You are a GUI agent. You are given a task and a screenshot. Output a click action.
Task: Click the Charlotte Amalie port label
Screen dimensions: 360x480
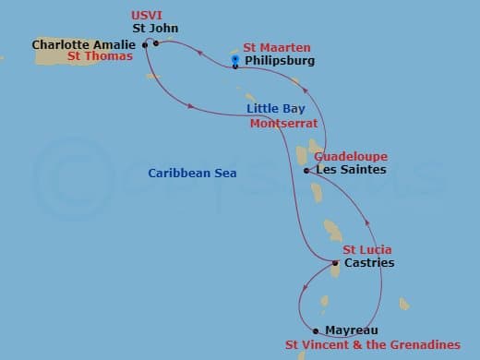[x=85, y=43]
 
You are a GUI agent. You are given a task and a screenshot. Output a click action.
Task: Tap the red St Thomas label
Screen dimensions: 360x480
[x=100, y=56]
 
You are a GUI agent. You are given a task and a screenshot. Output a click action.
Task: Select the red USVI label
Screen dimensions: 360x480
[x=147, y=16]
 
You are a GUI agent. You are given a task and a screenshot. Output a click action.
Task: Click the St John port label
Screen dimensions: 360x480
[x=155, y=29]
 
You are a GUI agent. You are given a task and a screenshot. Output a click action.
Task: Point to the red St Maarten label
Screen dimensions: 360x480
[x=277, y=47]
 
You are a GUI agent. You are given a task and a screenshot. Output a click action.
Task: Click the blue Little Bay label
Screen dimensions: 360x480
[x=276, y=109]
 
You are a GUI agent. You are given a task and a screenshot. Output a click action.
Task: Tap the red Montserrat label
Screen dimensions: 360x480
[x=284, y=123]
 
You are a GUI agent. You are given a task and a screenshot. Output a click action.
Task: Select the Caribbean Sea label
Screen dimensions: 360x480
[x=192, y=173]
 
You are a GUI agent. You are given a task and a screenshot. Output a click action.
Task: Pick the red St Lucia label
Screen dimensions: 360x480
[x=367, y=250]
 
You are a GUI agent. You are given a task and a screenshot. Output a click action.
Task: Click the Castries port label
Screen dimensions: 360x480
[x=369, y=263]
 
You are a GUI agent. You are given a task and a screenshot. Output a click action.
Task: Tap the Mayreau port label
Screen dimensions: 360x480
[x=351, y=330]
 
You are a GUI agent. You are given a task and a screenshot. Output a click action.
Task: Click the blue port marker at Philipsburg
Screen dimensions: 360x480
[x=235, y=60]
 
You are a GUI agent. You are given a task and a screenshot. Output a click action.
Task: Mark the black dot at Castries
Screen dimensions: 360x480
[x=335, y=263]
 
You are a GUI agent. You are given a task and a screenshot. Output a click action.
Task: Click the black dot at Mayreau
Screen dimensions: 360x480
[x=316, y=330]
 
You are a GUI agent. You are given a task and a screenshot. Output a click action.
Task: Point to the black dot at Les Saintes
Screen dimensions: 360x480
[x=306, y=170]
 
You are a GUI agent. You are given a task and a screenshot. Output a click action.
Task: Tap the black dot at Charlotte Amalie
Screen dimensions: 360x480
[x=145, y=43]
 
